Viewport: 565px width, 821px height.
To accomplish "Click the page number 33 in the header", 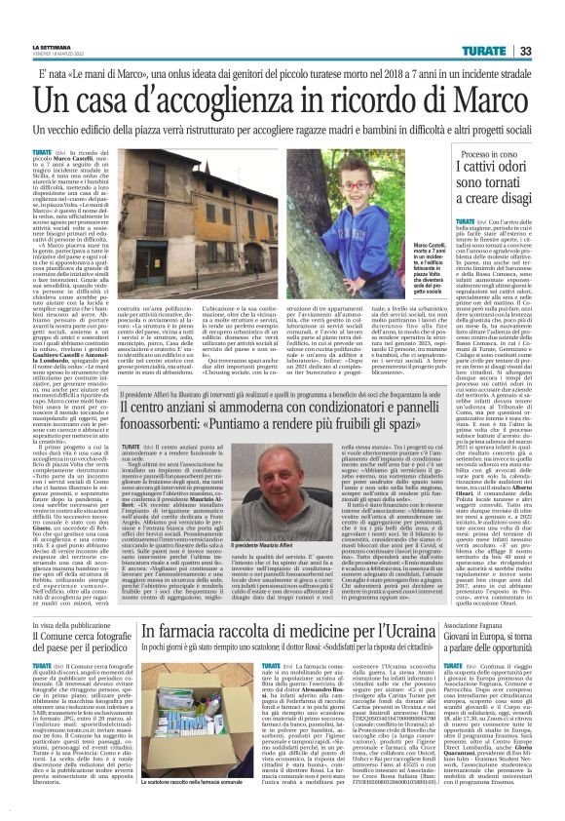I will [x=550, y=50].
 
